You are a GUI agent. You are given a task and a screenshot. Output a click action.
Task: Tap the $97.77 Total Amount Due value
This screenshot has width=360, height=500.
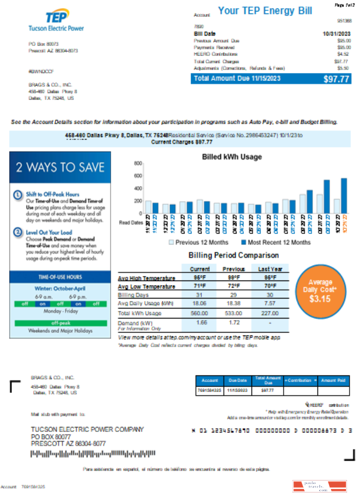click(335, 78)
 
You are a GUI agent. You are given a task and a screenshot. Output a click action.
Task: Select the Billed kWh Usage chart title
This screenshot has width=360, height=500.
click(231, 157)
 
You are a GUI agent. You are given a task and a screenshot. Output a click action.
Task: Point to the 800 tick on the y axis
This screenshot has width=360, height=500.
click(138, 163)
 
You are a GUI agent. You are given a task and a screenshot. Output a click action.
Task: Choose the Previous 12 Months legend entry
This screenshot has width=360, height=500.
click(199, 242)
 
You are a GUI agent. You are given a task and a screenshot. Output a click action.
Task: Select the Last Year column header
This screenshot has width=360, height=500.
click(270, 269)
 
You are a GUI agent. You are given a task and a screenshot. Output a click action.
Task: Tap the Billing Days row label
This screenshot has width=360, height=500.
click(132, 295)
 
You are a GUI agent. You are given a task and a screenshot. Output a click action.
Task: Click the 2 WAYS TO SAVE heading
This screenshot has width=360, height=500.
click(60, 167)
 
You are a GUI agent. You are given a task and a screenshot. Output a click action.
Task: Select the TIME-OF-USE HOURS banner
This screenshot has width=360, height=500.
click(60, 277)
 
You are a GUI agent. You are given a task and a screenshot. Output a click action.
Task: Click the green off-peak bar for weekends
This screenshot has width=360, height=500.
click(60, 323)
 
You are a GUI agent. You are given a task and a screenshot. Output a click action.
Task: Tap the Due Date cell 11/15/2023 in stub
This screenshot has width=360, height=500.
click(237, 391)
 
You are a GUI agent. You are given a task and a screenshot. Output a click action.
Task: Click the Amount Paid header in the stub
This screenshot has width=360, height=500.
click(334, 380)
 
